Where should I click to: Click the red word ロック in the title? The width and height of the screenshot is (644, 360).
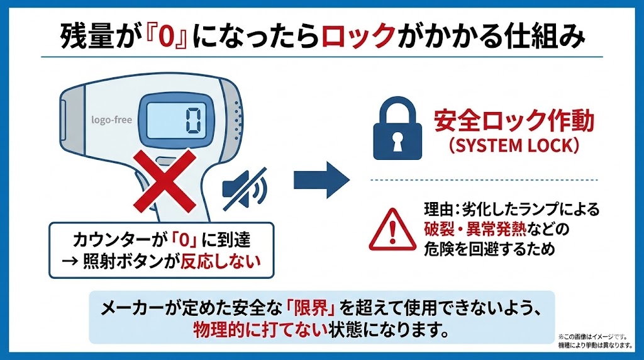357,37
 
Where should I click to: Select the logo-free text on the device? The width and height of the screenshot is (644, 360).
112,120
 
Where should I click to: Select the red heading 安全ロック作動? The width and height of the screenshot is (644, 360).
514,121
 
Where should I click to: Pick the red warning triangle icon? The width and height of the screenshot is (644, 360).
392,228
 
